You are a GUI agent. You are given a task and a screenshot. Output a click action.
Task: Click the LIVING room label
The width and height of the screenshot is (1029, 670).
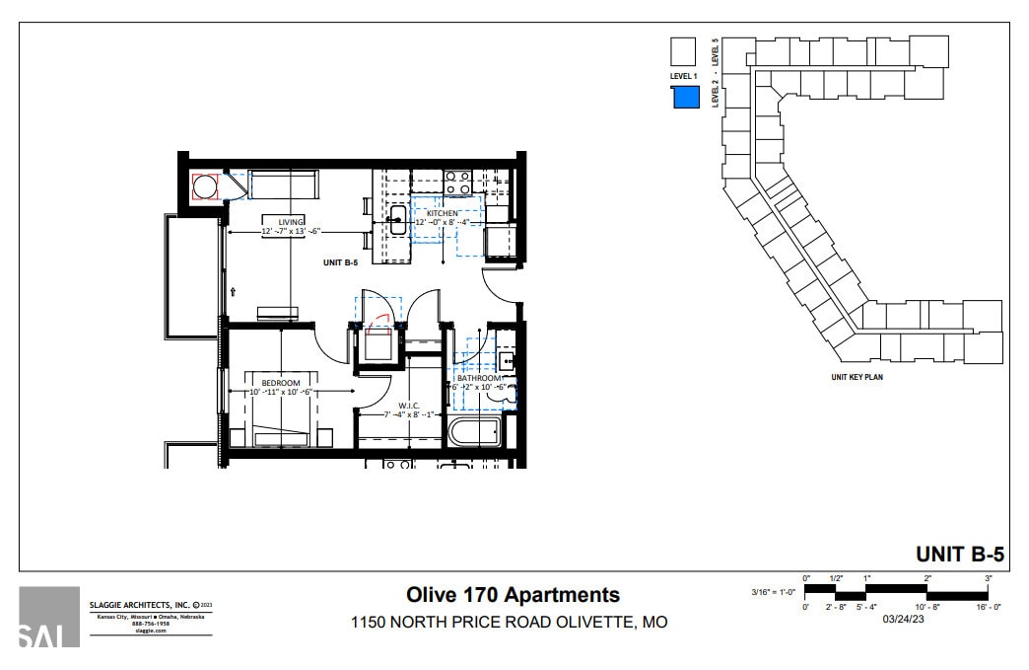pos(290,222)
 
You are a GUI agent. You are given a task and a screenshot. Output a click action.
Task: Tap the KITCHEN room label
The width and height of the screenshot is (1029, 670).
pos(442,214)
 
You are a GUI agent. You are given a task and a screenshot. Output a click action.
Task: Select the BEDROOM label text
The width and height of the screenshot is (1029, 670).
pos(280,383)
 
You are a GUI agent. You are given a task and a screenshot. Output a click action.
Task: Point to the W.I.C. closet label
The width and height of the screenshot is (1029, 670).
pos(410,406)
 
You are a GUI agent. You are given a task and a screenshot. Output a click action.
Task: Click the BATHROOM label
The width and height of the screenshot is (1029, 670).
pos(479,379)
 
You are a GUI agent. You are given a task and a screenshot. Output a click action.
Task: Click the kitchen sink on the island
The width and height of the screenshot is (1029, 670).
pos(398,220)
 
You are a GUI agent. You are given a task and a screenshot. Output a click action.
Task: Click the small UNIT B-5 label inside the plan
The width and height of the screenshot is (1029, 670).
pos(340,262)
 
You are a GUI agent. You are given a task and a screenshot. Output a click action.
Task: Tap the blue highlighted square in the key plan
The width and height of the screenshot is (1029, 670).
pos(685,97)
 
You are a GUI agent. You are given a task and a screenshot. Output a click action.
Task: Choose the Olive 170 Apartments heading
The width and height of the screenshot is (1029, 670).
pos(514,594)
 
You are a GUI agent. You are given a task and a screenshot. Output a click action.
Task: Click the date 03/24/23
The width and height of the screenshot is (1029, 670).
pos(903,620)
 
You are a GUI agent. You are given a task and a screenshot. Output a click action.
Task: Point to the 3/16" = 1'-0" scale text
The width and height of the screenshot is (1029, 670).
pos(772,592)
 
